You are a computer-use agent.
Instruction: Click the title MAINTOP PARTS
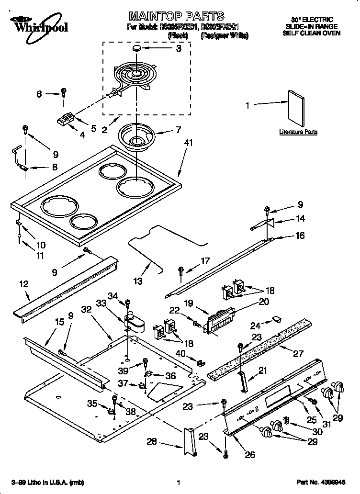tap(170, 16)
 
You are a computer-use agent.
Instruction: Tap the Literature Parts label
tap(298, 132)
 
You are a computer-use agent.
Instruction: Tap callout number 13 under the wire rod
tap(138, 281)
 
